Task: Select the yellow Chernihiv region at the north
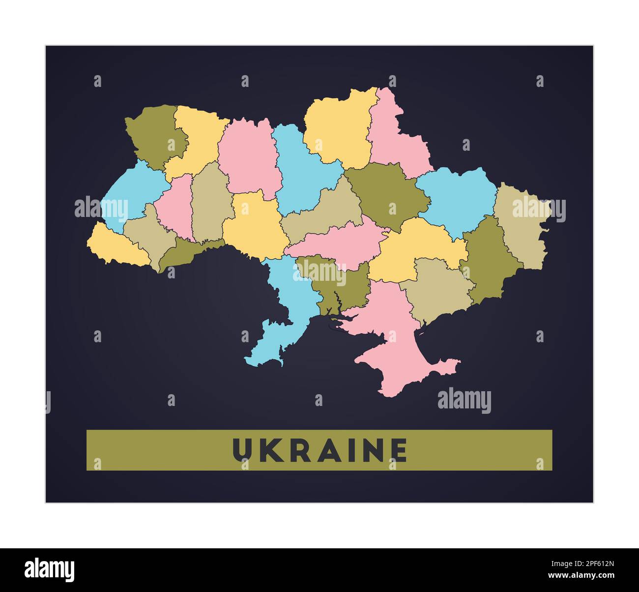339,128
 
